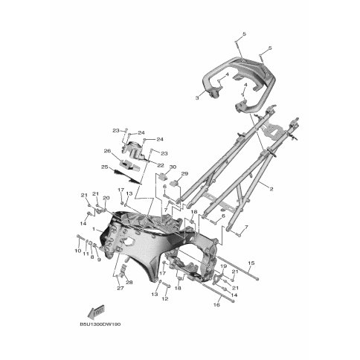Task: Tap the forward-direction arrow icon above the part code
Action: click(x=94, y=311)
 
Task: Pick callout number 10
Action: click(x=77, y=251)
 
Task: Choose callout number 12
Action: click(x=165, y=299)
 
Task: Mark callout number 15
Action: click(x=251, y=263)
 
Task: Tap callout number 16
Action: click(x=216, y=305)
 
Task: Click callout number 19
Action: click(x=223, y=266)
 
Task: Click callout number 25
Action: click(x=105, y=167)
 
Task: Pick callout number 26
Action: click(x=107, y=151)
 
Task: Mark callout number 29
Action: click(x=184, y=173)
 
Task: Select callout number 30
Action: click(x=172, y=167)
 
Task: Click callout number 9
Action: click(x=98, y=260)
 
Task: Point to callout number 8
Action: click(x=92, y=257)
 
